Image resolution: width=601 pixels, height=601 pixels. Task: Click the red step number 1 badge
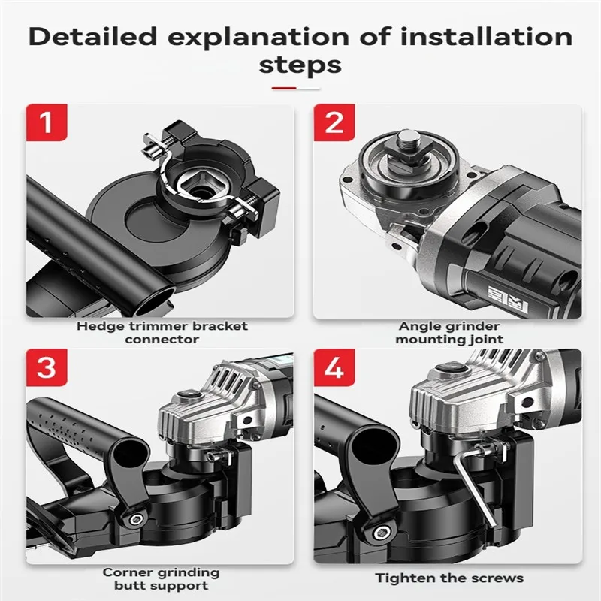pos(47,122)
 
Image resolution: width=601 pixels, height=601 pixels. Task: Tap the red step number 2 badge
pos(334,122)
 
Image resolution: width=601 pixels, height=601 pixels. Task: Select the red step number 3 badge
pos(47,367)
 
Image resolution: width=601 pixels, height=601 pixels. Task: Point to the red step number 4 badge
pos(334,367)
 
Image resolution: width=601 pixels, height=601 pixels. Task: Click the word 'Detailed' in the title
pos(92,37)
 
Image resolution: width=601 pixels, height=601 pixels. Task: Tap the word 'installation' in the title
pos(486,37)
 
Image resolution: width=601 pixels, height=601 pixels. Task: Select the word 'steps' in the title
pos(300,65)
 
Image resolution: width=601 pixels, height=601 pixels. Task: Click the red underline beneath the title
pos(284,88)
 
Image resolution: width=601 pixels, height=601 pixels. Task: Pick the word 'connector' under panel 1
pos(162,340)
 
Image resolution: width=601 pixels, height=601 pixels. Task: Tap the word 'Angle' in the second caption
pos(418,327)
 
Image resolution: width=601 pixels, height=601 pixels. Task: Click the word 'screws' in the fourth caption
pos(497,578)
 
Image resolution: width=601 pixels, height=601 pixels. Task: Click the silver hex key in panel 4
pos(475,483)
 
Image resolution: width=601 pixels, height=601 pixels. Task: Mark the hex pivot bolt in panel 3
pos(136,520)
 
